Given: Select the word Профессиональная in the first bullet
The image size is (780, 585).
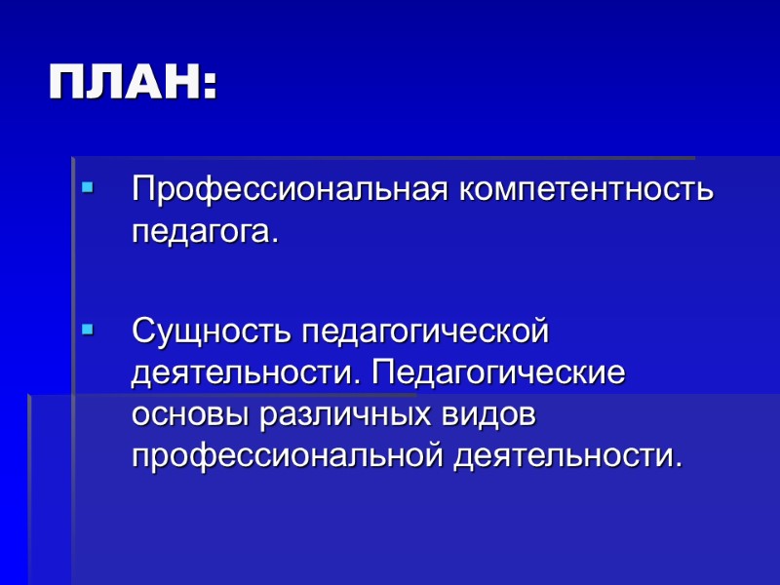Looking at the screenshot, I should (289, 190).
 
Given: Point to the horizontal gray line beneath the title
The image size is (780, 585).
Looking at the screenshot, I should (390, 157).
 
